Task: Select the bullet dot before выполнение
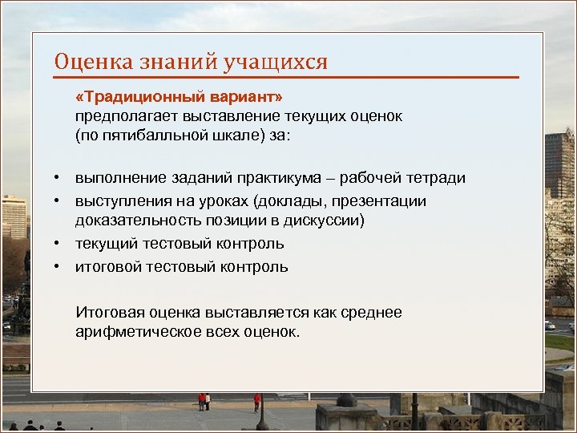59,178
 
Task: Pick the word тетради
437,177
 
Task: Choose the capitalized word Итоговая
108,312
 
